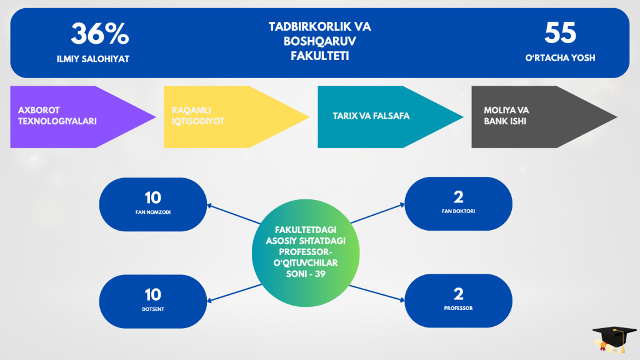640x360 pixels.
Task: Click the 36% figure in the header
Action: (99, 33)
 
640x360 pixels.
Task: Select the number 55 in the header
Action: (560, 32)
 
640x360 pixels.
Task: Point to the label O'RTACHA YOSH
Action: (561, 57)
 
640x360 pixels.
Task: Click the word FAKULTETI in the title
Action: (319, 56)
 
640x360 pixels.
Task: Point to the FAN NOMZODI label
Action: (153, 212)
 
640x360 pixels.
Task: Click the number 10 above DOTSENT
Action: (153, 294)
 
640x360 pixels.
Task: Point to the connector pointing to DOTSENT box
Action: (234, 294)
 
